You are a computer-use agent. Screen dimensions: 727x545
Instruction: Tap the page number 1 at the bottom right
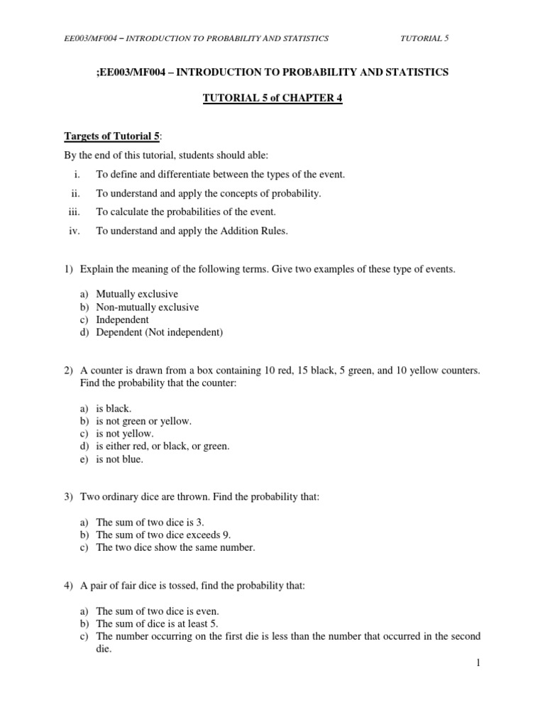(479, 662)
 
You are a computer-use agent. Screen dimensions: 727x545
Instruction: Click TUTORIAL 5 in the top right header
(425, 38)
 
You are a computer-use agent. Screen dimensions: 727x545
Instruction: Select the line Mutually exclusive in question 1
(137, 294)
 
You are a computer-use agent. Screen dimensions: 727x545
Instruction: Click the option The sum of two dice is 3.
(150, 522)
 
